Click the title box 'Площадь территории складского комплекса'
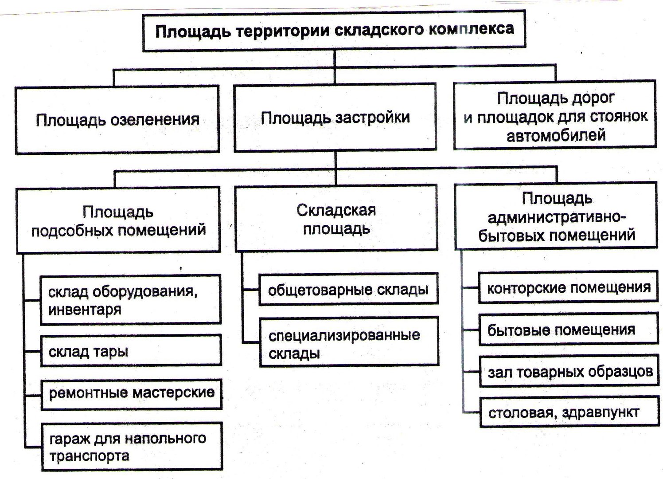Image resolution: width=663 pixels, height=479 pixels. point(334,31)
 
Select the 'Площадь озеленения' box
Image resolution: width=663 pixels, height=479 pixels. point(117,120)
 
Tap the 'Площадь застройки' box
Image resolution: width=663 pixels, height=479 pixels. point(335,118)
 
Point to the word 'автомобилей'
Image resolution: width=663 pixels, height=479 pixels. point(556,136)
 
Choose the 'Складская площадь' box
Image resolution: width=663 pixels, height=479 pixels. point(336,218)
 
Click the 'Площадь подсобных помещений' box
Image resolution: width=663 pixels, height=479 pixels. point(118,220)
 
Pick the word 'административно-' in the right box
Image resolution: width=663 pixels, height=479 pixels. point(557,218)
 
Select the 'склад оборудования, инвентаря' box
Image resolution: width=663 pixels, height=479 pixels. point(131,299)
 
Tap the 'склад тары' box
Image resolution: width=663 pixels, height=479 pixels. point(131,351)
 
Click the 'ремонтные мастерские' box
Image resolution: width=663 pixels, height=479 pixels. point(132,394)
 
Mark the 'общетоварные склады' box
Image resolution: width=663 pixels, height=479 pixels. point(348,290)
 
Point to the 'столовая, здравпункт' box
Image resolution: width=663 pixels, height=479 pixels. point(570,413)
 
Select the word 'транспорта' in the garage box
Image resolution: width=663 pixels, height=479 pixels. point(90,456)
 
